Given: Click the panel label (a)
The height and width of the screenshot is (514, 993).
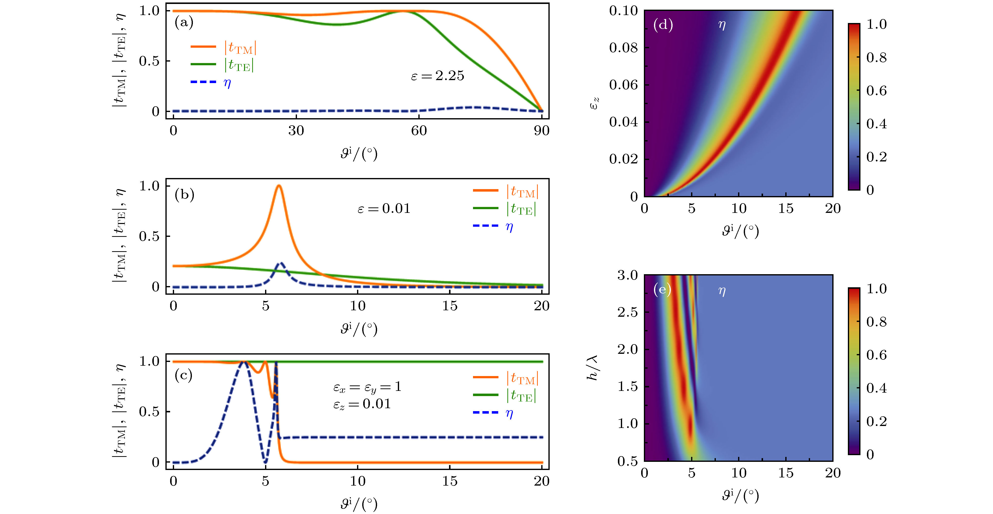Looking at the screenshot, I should pos(184,22).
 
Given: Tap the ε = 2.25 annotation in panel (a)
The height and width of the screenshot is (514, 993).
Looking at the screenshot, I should pos(437,76).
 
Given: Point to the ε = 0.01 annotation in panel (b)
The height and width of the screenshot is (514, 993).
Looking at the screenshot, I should pos(384,208).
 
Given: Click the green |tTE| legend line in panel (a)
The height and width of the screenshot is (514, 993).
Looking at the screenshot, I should pos(203,64).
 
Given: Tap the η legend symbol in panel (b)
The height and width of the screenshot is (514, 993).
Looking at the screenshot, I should pos(509,226).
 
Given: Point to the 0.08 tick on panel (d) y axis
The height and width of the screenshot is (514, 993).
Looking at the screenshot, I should pos(623,48).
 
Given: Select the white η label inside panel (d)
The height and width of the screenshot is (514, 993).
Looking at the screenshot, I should pos(722,25).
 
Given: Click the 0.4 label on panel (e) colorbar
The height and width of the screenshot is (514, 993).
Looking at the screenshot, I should pos(876,388).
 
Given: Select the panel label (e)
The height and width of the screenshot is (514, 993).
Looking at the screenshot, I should pos(662,289).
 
